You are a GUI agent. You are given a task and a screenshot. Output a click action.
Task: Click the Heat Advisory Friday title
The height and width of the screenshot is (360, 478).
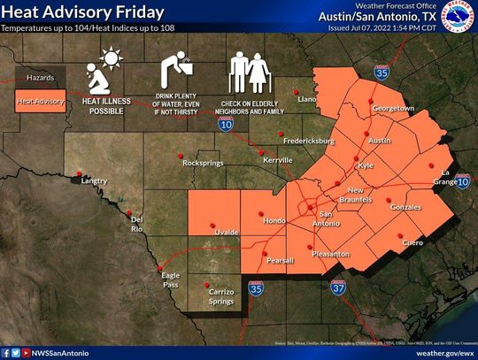pos(82,12)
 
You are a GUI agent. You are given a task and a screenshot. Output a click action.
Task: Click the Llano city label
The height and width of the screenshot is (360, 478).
pos(305,100)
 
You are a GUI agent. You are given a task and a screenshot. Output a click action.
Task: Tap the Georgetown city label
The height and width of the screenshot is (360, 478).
pos(393,108)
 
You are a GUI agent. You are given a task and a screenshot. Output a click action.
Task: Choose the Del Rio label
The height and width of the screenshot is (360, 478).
pos(136,224)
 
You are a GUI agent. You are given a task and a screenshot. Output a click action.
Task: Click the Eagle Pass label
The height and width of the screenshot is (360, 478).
pos(171,280)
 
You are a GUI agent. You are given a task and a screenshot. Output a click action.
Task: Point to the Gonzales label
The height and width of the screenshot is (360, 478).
pos(405,206)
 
